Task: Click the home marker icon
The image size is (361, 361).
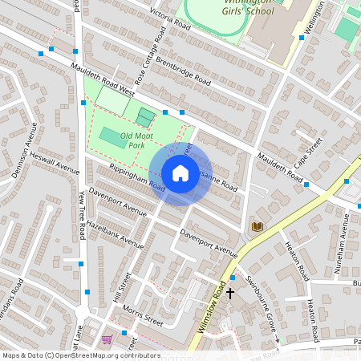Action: coord(180,173)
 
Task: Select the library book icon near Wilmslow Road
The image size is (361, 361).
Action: coord(257,226)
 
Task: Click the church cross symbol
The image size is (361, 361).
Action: coord(230,293)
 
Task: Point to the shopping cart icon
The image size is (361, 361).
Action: coord(107,339)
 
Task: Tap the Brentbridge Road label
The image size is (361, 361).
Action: coord(183,71)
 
